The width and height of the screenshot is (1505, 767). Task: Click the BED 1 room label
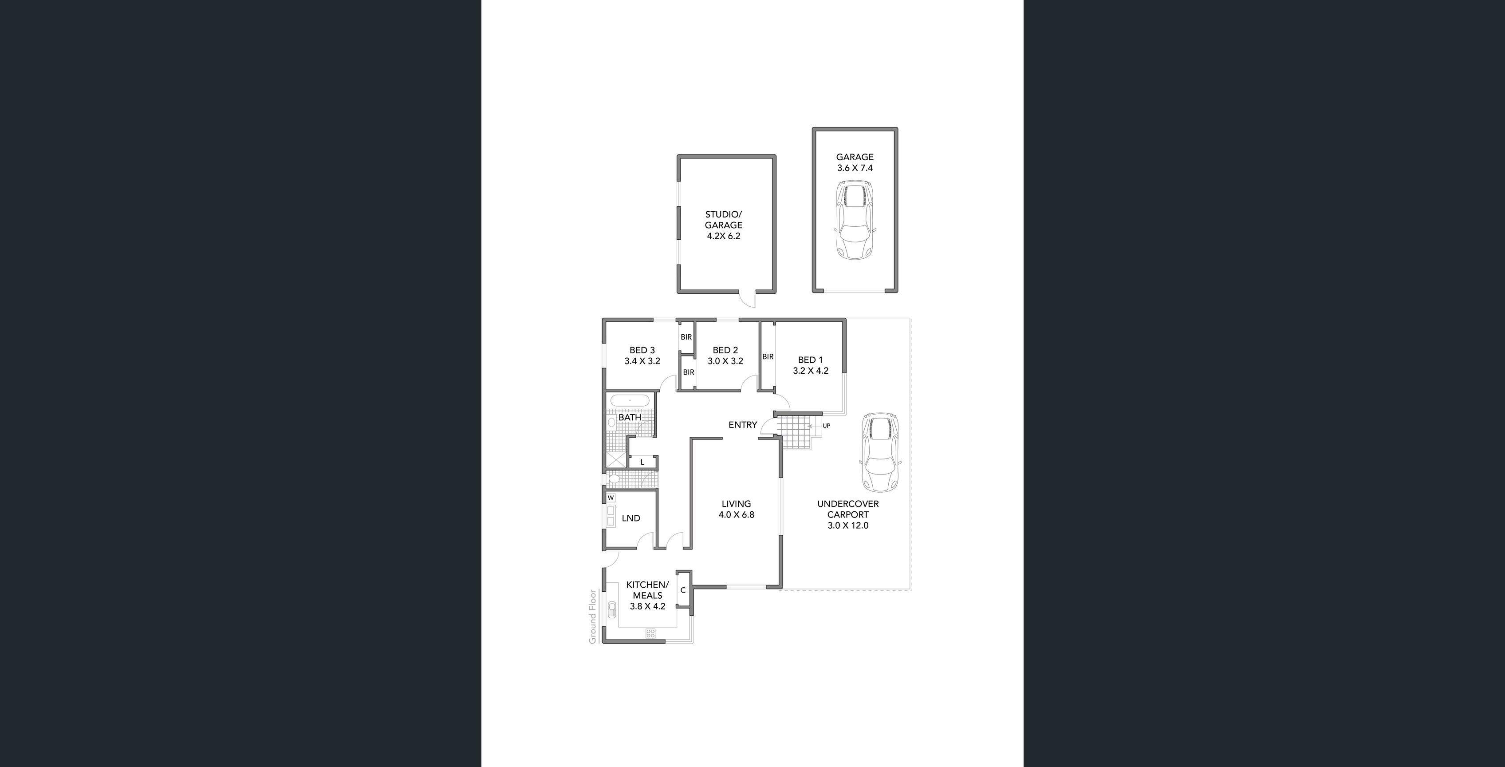[810, 360]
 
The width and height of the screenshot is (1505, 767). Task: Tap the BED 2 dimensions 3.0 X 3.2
[725, 361]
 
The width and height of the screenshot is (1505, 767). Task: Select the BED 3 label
[642, 351]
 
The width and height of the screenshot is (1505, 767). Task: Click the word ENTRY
[743, 425]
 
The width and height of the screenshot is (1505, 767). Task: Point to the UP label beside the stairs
[826, 426]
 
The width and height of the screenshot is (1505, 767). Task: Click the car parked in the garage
[855, 220]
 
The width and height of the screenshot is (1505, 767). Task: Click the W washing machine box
[611, 498]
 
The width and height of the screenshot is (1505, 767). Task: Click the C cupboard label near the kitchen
[683, 590]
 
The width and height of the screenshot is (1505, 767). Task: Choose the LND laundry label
[631, 518]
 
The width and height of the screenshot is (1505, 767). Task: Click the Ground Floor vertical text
[593, 617]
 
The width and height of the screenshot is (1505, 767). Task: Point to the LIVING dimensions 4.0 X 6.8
[736, 515]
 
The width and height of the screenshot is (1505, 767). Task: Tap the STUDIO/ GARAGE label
[723, 220]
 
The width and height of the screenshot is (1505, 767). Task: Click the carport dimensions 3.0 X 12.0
[848, 526]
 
